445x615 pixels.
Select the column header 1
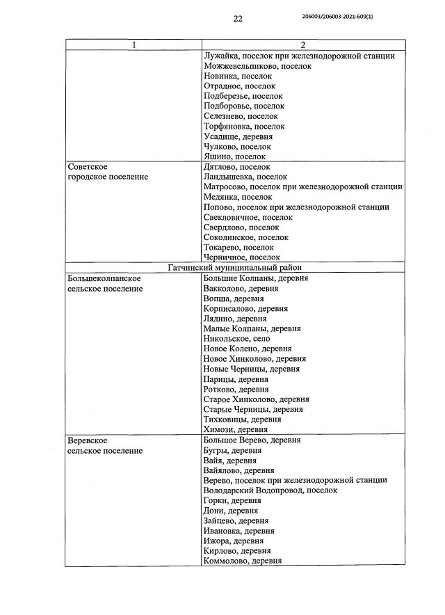pyautogui.click(x=133, y=45)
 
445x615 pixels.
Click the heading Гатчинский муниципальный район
pyautogui.click(x=235, y=268)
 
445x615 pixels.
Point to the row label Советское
pyautogui.click(x=87, y=167)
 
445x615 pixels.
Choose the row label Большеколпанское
pyautogui.click(x=104, y=278)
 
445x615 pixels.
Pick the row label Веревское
pyautogui.click(x=87, y=440)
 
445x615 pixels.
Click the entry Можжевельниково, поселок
pyautogui.click(x=257, y=66)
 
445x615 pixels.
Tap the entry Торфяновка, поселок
pyautogui.click(x=244, y=127)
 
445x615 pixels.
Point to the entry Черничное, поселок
pyautogui.click(x=241, y=257)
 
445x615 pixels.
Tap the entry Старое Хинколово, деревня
pyautogui.click(x=256, y=399)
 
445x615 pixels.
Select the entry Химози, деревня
pyautogui.click(x=235, y=430)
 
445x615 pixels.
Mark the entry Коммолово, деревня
pyautogui.click(x=242, y=561)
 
